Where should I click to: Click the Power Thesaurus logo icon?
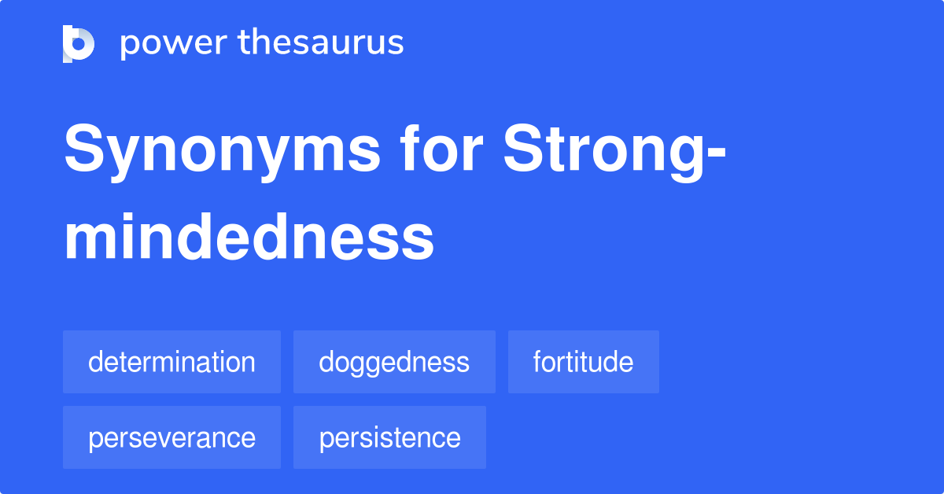79,43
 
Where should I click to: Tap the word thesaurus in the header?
321,43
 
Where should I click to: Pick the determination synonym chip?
171,362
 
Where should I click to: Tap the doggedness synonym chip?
394,362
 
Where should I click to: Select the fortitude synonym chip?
583,362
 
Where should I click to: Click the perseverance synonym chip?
171,437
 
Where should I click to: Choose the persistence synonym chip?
389,437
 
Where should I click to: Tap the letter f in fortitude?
537,361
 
